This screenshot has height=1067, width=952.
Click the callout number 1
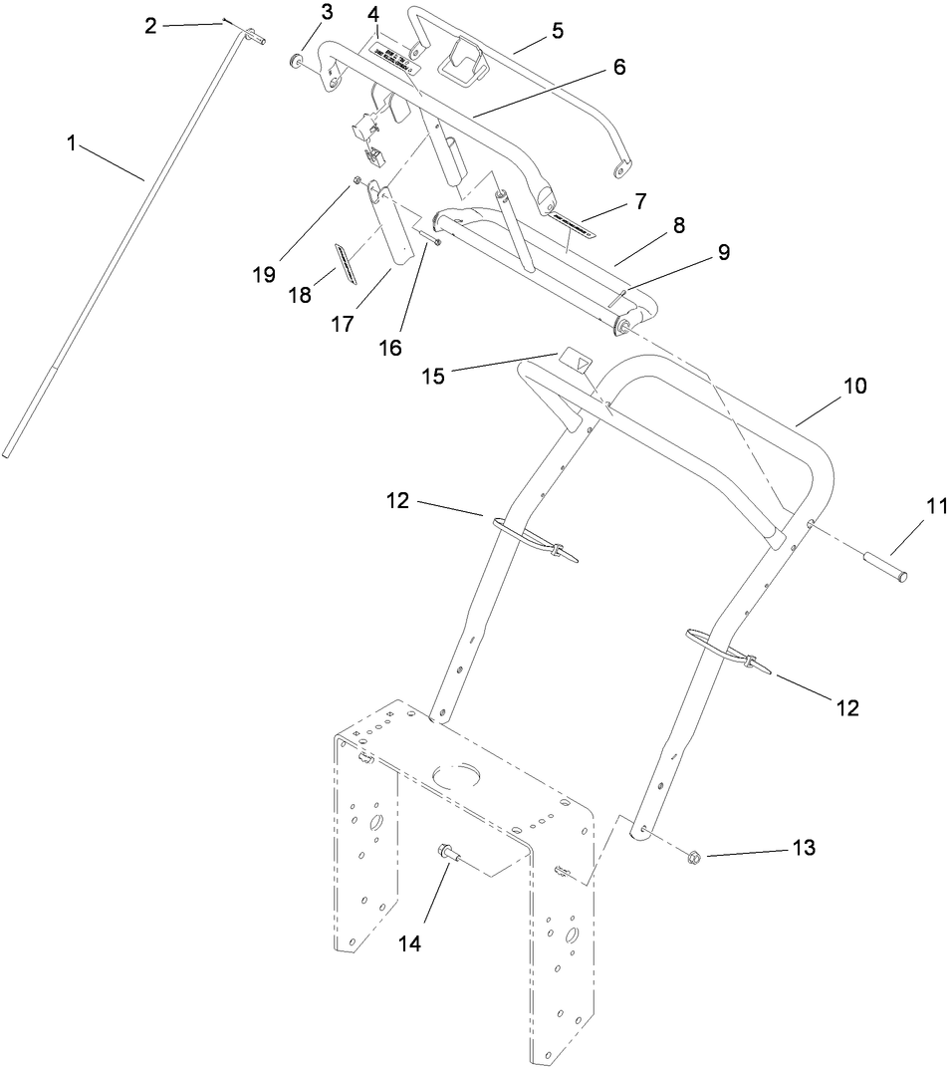[x=72, y=143]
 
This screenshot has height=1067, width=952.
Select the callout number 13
[x=803, y=848]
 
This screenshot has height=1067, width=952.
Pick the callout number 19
[x=264, y=275]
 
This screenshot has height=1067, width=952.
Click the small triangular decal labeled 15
[x=575, y=357]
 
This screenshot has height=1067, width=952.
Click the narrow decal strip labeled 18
[x=345, y=262]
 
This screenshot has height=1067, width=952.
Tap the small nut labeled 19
[x=356, y=182]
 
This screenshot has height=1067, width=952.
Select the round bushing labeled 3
[x=295, y=63]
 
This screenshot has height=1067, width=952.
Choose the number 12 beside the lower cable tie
[x=846, y=708]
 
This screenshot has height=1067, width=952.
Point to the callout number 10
[x=855, y=386]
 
